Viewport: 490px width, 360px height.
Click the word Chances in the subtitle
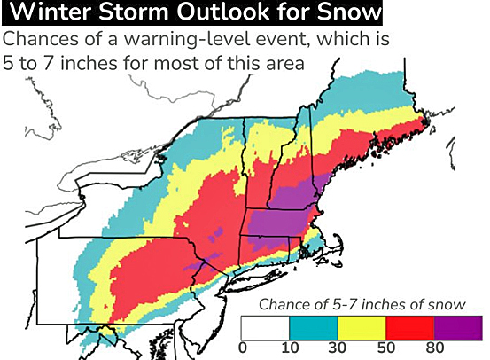38,41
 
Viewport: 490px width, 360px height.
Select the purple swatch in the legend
459,327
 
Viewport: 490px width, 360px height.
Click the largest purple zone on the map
281,221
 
